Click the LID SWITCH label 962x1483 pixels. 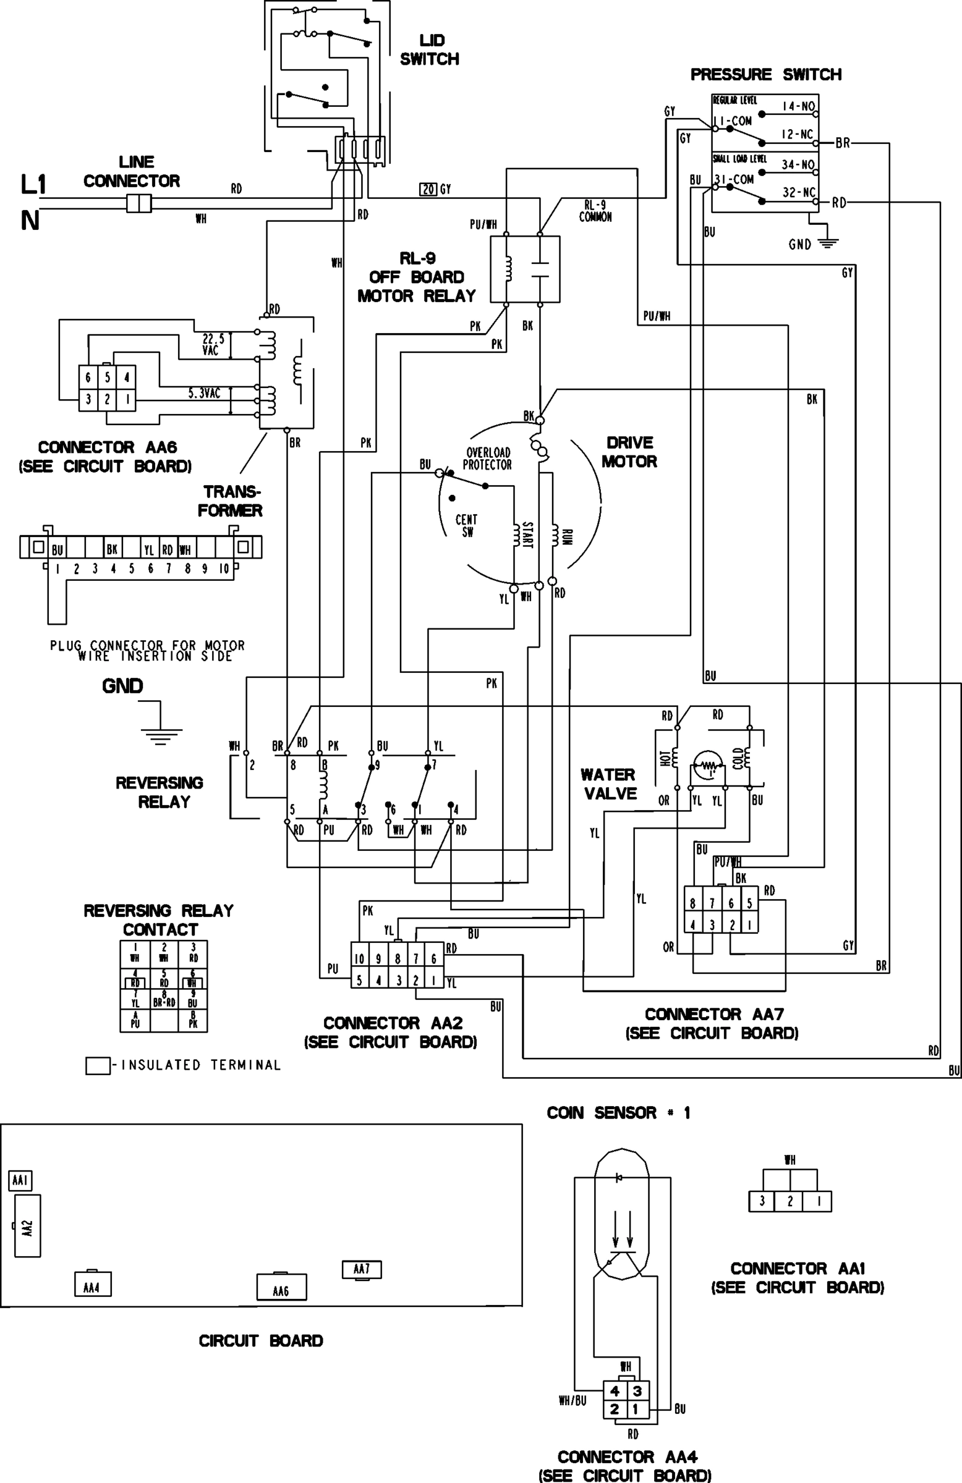click(430, 50)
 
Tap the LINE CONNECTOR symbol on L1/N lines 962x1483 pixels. click(138, 203)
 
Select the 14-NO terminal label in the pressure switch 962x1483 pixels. click(799, 106)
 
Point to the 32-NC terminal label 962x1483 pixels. click(799, 193)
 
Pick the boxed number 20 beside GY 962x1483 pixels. click(428, 190)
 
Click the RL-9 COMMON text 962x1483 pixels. click(595, 211)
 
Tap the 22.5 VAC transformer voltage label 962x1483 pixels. click(213, 345)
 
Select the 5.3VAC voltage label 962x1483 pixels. click(205, 394)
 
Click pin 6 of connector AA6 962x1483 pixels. click(88, 378)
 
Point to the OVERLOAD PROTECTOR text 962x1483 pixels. click(488, 458)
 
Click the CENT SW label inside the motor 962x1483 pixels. click(466, 525)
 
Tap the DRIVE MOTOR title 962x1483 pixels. click(629, 452)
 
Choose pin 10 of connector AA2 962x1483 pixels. click(360, 959)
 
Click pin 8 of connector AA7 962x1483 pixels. click(692, 903)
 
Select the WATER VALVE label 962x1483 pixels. click(608, 784)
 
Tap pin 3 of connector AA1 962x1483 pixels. click(762, 1201)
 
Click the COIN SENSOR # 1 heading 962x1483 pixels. click(618, 1113)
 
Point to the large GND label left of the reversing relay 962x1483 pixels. click(123, 686)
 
